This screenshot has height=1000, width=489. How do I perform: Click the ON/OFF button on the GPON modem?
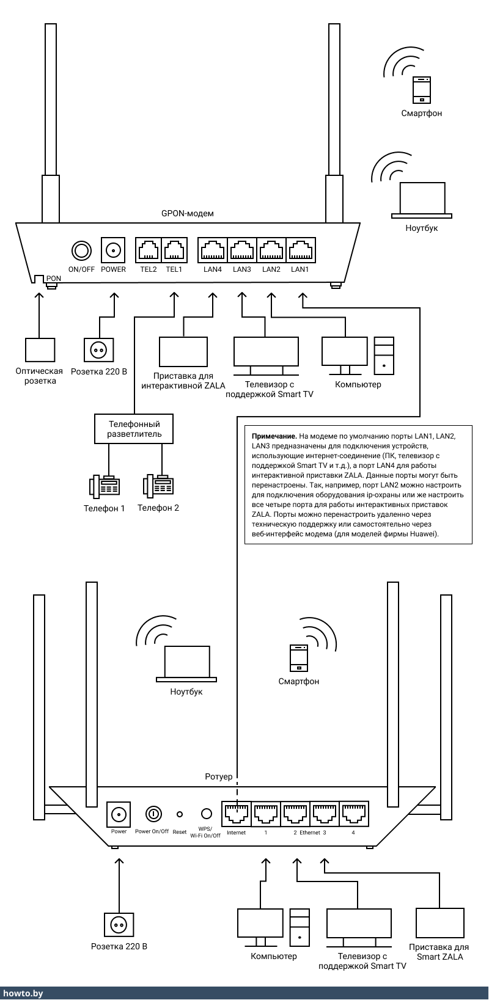coord(81,250)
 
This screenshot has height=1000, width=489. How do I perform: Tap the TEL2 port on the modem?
coord(149,250)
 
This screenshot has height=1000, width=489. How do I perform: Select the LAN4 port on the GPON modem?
coord(212,250)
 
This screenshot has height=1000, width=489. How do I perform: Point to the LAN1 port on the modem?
coord(300,250)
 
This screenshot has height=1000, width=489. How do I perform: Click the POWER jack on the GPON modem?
coord(113,250)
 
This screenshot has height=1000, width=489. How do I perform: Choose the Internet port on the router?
coord(236,814)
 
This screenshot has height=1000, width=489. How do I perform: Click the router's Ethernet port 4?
coord(353,814)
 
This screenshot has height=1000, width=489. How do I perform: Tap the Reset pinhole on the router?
coord(180,814)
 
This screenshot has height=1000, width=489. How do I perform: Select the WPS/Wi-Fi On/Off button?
coord(206,814)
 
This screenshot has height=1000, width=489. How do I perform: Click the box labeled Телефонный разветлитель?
coord(134,429)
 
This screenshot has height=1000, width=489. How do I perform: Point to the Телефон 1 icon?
coord(104,486)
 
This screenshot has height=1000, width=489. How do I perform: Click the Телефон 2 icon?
coord(158,485)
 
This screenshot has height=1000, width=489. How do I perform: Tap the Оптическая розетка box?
coord(40,349)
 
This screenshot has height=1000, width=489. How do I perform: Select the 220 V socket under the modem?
coord(98,349)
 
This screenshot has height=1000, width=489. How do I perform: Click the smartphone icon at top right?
coord(422,90)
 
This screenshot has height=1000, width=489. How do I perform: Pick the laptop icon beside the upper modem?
coord(422,199)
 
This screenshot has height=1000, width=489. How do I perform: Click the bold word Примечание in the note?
coord(274,436)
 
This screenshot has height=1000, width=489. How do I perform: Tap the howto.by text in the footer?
coord(23,993)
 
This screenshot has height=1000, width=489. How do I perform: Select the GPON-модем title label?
coord(187,213)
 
